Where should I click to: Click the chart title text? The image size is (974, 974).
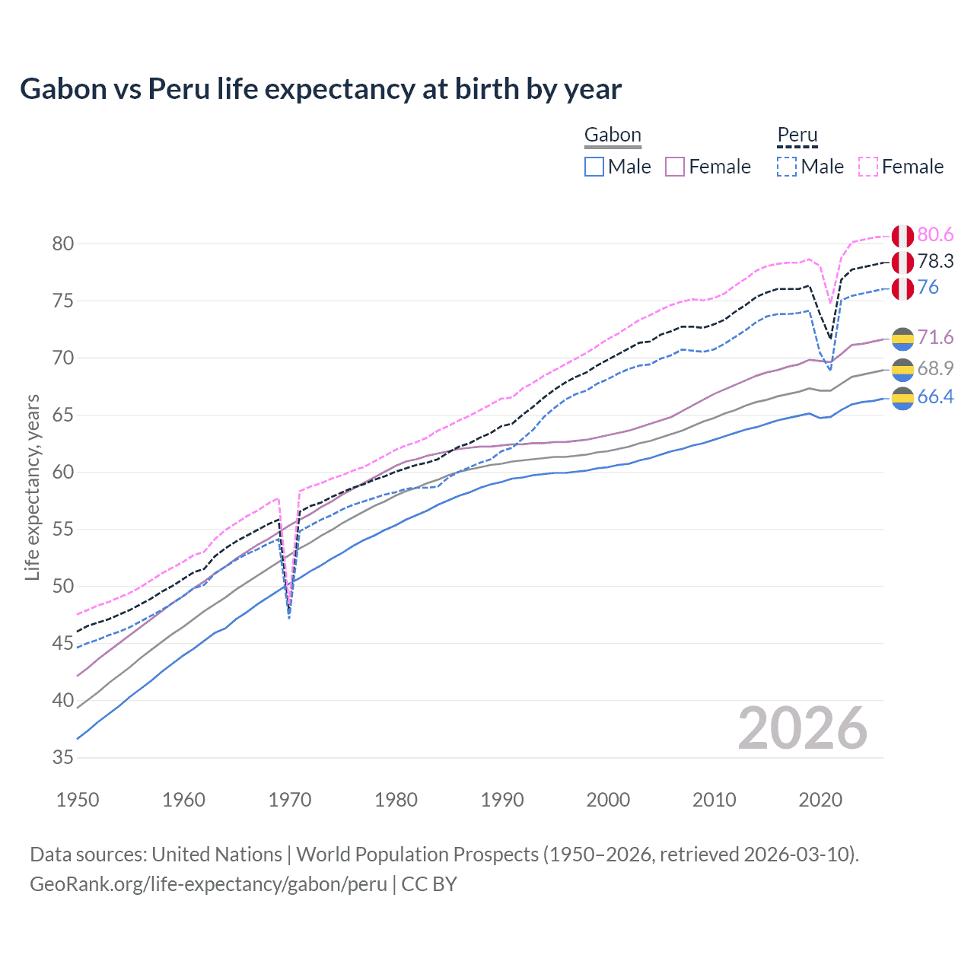coord(320,89)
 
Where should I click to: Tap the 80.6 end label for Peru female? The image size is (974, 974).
coord(935,235)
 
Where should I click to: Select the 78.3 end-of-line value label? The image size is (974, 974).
coord(935,262)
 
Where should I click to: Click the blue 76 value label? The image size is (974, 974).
coord(928,288)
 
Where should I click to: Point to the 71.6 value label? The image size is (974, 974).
coord(935,338)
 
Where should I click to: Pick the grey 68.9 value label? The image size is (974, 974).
coord(935,369)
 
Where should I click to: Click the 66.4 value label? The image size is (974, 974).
coord(935,397)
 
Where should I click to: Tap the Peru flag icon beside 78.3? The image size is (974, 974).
coord(902,263)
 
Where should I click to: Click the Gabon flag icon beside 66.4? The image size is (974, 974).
coord(902,398)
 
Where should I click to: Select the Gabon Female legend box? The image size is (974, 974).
coord(676,167)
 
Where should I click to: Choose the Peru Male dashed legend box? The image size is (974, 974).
coord(787,167)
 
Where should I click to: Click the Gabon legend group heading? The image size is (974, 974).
coord(613,135)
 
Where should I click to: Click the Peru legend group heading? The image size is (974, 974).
coord(797,135)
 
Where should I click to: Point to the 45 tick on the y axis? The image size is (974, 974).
coord(63,644)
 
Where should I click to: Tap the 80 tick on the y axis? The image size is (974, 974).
coord(63,244)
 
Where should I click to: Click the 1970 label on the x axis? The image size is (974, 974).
coord(290,800)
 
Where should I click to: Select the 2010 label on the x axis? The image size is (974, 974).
coord(714,800)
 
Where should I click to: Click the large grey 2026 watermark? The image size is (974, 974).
coord(802,729)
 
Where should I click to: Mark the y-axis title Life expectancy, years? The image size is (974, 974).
coord(32,487)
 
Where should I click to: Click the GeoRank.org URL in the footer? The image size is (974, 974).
coord(208,884)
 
